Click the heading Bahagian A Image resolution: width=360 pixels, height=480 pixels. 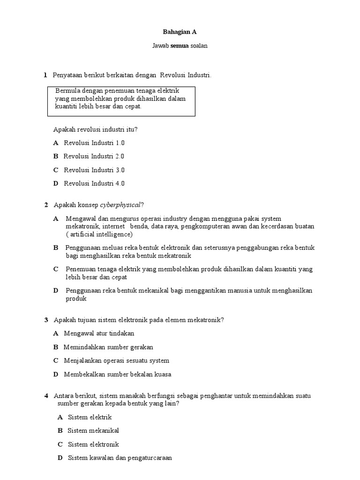180,32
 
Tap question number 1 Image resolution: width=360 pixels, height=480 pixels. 45,75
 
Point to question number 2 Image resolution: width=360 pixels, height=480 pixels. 46,205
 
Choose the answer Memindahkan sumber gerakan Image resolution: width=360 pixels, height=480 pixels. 108,347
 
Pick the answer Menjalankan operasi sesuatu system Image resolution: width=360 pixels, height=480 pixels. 116,360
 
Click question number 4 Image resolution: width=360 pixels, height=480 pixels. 46,396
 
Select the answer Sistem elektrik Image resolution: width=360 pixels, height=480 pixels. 90,417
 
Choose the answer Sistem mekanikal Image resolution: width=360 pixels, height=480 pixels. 93,430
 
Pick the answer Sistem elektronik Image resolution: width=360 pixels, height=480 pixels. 93,444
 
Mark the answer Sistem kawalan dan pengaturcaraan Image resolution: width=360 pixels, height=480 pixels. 120,457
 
